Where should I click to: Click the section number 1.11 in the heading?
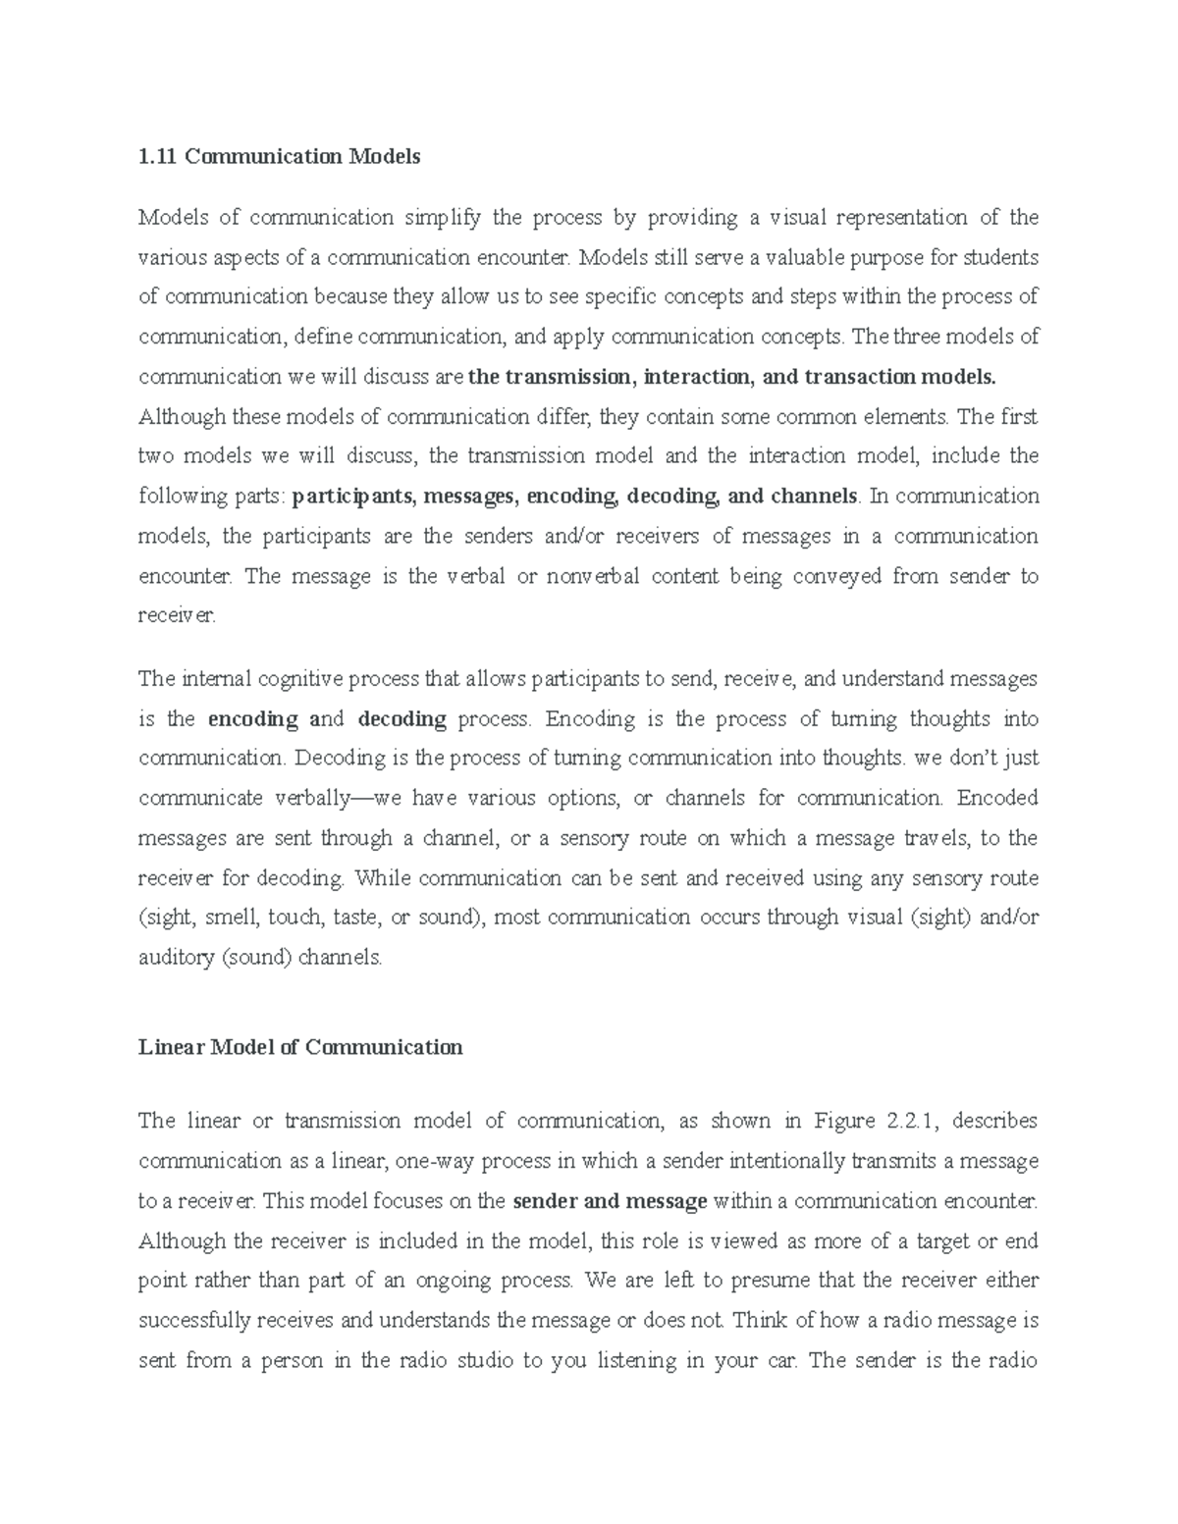coord(157,156)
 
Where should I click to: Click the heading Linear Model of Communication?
coord(300,1047)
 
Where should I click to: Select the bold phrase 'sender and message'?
coord(610,1201)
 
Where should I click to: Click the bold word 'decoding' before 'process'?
coord(402,719)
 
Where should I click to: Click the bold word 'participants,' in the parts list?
coord(355,497)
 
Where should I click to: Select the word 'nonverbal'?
coord(592,576)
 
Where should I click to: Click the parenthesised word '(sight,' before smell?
coord(168,919)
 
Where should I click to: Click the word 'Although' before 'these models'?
coord(182,417)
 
